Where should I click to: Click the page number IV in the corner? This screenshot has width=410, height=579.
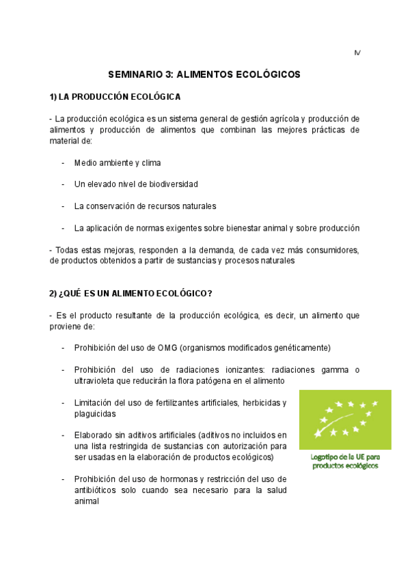[357, 53]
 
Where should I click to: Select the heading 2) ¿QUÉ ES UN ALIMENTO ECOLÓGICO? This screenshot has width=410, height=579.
[131, 294]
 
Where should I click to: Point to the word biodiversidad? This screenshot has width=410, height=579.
[171, 184]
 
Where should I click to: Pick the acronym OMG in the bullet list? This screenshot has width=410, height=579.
[167, 348]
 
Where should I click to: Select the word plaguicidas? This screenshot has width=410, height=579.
[95, 414]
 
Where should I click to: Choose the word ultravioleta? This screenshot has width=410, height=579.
[96, 380]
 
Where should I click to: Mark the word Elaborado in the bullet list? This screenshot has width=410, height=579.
[95, 435]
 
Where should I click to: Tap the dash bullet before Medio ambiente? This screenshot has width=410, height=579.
[64, 163]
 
